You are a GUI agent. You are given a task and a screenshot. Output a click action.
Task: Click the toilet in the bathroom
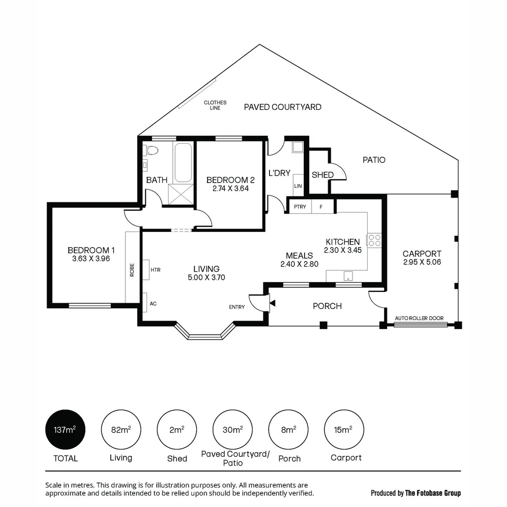click(x=151, y=151)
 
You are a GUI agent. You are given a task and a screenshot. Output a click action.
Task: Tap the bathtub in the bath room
click(x=183, y=162)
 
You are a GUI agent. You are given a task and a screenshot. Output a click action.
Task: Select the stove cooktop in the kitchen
click(x=374, y=240)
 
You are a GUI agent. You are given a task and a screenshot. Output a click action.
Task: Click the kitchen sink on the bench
click(x=348, y=276)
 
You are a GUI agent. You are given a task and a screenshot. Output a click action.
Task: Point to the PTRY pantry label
click(x=300, y=207)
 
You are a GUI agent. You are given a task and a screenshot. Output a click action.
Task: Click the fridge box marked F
click(x=322, y=207)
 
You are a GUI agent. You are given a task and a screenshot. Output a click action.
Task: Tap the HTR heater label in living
click(x=155, y=270)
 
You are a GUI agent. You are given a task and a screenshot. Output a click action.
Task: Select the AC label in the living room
click(x=153, y=304)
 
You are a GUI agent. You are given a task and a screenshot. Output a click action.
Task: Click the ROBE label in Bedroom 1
click(x=132, y=269)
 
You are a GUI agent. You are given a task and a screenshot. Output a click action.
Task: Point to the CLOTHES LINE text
click(x=215, y=105)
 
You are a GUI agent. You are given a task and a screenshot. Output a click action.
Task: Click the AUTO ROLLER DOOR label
click(x=419, y=318)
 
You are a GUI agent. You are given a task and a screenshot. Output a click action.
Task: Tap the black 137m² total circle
click(x=65, y=430)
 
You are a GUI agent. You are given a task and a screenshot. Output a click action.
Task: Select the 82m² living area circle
click(x=121, y=430)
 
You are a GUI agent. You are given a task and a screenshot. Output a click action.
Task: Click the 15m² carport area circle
click(x=345, y=430)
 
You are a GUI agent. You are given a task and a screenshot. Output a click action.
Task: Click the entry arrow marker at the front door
click(x=272, y=304)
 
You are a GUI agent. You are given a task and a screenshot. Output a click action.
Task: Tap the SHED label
click(x=323, y=175)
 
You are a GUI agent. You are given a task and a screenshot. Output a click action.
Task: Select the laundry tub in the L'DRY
click(x=298, y=147)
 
